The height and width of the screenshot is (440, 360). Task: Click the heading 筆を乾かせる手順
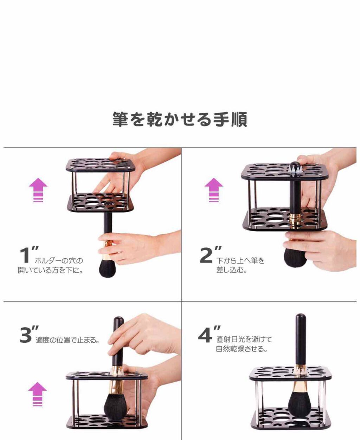[x=180, y=119]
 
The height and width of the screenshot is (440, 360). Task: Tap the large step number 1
[x=25, y=255]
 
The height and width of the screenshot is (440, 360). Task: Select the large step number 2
[x=206, y=255]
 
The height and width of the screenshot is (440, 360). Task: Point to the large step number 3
[x=26, y=335]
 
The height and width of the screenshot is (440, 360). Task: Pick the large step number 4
[x=205, y=335]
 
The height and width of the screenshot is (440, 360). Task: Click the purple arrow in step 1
[x=38, y=190]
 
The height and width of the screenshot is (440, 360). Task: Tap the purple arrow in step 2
[x=214, y=190]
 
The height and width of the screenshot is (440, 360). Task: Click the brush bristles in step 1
[x=107, y=268]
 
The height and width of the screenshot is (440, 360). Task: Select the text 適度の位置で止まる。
[x=67, y=340]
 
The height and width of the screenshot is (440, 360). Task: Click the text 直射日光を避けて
[x=244, y=339]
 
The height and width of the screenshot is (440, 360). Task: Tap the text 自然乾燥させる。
[x=242, y=349]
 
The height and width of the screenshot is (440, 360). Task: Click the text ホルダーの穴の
[x=59, y=261]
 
